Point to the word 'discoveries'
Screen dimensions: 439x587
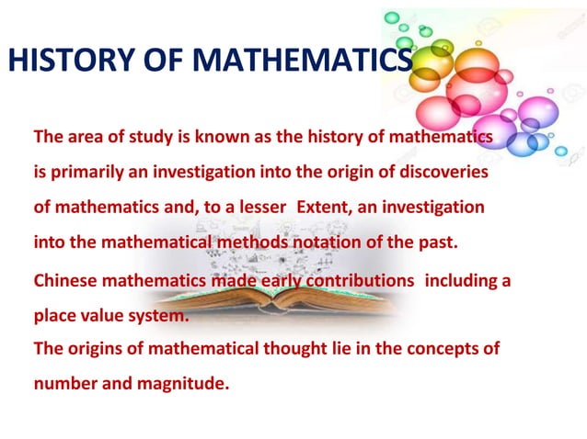tap(441, 173)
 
